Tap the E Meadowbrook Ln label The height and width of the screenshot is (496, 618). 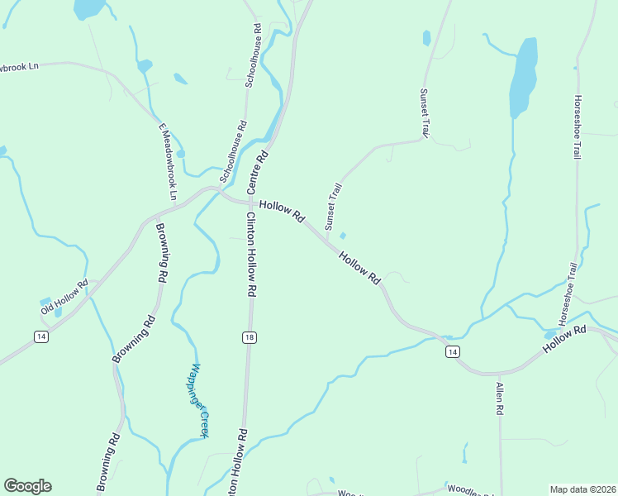[168, 161]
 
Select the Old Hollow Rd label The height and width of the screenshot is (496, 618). [64, 298]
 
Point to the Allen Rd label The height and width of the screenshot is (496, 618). [500, 398]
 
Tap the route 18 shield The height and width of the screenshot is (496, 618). [249, 337]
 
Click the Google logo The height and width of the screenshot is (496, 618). [27, 486]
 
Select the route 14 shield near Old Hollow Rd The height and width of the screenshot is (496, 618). [40, 336]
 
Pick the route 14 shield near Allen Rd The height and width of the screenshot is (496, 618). [452, 352]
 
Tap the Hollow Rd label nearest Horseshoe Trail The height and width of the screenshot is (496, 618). [564, 340]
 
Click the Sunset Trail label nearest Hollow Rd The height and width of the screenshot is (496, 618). [333, 207]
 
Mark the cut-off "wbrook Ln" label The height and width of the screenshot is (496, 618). [19, 65]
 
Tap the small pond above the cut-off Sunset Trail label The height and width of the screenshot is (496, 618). [426, 38]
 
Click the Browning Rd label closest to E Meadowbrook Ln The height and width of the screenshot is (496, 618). [161, 254]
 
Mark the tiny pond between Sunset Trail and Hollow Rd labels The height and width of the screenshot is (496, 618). [342, 236]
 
